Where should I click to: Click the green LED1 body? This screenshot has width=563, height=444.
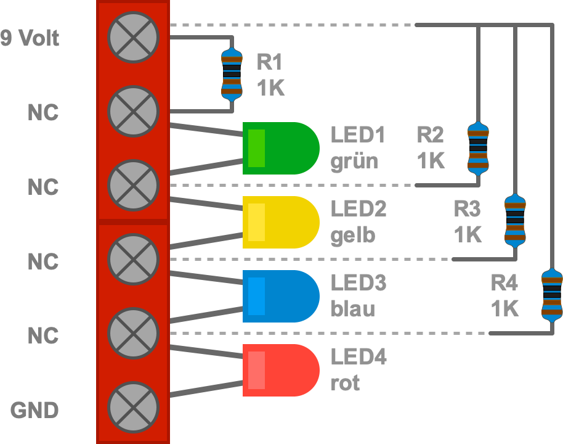(x=281, y=148)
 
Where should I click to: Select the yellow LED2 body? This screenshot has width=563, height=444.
(x=281, y=222)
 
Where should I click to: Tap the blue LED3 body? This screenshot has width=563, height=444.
(x=281, y=296)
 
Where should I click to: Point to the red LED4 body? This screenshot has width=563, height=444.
(x=281, y=370)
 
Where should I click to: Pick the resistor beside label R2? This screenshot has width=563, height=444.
(x=478, y=148)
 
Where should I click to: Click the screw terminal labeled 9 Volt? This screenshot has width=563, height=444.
(x=134, y=37)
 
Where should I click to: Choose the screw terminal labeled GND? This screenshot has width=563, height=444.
(x=134, y=407)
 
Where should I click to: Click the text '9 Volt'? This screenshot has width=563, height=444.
(x=30, y=38)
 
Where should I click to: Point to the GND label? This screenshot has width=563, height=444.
(x=35, y=410)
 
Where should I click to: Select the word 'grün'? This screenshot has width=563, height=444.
(x=354, y=162)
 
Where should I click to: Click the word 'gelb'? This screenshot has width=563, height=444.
(x=353, y=236)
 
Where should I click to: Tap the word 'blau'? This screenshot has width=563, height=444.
(x=353, y=309)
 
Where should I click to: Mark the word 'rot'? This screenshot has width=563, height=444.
(x=345, y=384)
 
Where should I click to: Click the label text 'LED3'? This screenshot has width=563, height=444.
(x=358, y=283)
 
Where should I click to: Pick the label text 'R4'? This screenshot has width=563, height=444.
(x=504, y=283)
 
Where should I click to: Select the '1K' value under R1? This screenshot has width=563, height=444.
(x=270, y=88)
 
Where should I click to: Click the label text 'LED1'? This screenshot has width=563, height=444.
(x=358, y=135)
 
